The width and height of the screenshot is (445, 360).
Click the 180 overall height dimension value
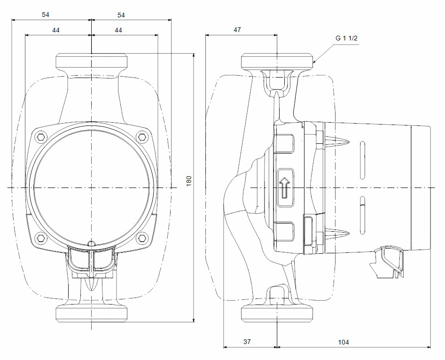point(189,181)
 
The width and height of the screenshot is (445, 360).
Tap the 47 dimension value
point(237,30)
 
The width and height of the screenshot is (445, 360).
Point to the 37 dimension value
point(248,342)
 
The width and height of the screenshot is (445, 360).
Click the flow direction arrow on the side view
point(285,188)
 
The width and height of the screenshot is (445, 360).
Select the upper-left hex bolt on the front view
point(41,137)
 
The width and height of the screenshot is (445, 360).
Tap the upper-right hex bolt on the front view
point(142,137)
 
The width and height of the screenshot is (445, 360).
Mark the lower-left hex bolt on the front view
point(41,238)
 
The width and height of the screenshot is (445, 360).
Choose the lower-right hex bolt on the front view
point(142,238)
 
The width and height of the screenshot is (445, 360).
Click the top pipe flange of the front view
point(92,61)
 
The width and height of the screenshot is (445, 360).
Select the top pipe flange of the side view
point(278,61)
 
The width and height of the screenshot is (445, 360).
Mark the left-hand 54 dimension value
point(45,15)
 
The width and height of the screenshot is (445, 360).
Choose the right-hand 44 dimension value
point(118,30)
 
